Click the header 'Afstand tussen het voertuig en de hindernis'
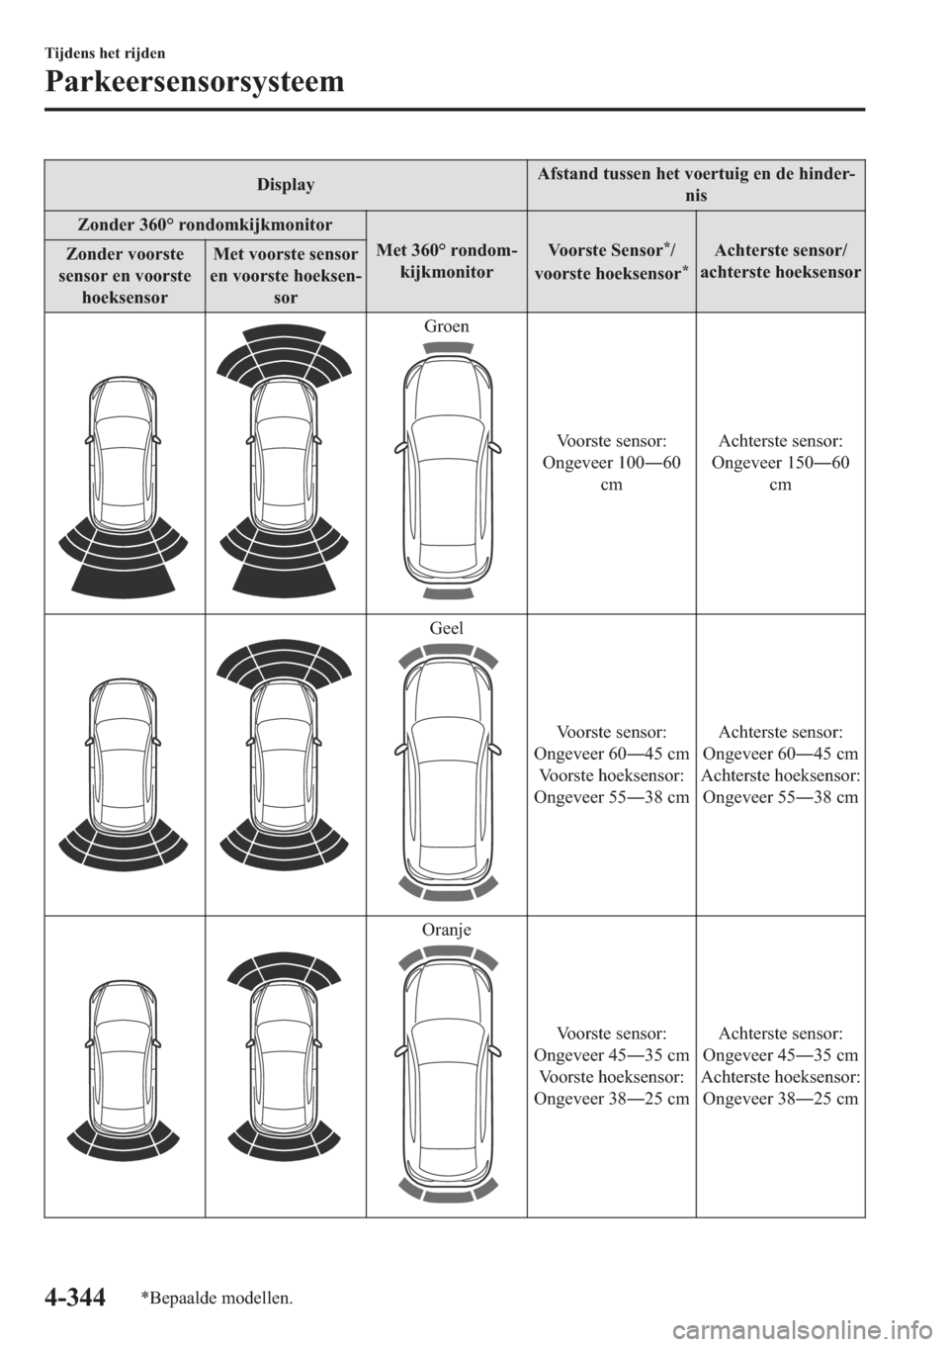[x=696, y=186]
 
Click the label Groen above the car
[x=448, y=325]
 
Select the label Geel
[x=448, y=627]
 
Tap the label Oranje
[x=448, y=930]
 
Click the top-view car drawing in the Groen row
[x=447, y=473]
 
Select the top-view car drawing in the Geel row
[x=447, y=771]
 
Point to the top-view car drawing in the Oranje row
[x=447, y=1074]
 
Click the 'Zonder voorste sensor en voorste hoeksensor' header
[x=125, y=275]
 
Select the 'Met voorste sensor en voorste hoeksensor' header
[x=285, y=275]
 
